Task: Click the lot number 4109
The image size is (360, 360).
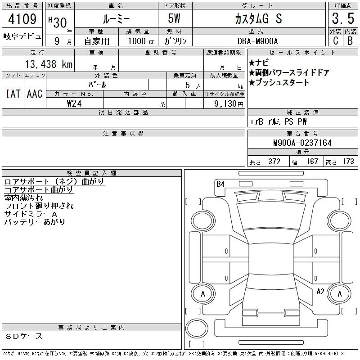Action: pos(22,19)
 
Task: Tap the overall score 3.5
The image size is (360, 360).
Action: pos(343,18)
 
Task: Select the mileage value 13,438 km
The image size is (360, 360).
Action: pos(49,64)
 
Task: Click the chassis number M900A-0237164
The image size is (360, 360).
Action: pos(302,143)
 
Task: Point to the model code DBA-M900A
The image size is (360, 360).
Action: pos(257,41)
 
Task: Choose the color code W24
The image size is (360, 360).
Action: pos(74,103)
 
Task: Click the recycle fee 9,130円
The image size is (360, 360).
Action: pos(229,104)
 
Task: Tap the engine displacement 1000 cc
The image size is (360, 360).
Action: pos(141,41)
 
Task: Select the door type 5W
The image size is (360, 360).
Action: pos(174,18)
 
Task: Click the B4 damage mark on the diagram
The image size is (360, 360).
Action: pos(220,184)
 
